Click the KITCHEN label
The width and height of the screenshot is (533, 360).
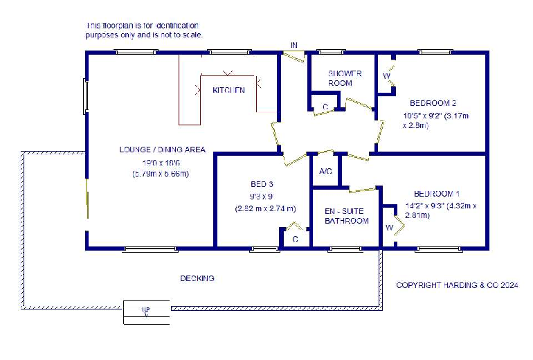(x=228, y=90)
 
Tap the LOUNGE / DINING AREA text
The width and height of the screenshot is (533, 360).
(x=162, y=150)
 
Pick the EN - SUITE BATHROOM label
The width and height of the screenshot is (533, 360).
(x=347, y=216)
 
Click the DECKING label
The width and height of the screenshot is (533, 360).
(x=197, y=278)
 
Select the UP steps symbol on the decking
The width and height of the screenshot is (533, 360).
(x=145, y=312)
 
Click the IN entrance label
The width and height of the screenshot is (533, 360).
(x=294, y=45)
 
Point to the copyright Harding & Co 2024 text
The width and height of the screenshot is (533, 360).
(x=457, y=285)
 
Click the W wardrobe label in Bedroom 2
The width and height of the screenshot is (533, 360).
(x=386, y=75)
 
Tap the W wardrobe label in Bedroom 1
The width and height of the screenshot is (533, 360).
(x=389, y=226)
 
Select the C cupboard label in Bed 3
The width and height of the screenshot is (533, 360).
(x=295, y=239)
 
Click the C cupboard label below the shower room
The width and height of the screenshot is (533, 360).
(x=325, y=106)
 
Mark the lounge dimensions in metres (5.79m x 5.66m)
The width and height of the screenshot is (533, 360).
(x=161, y=174)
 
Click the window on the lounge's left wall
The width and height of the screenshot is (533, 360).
(x=87, y=96)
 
